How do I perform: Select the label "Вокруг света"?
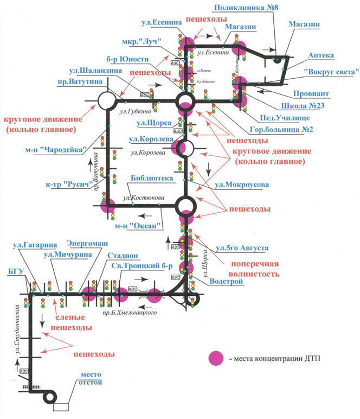tap(332, 72)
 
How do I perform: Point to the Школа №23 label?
tap(304, 105)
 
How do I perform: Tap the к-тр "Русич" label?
tap(63, 183)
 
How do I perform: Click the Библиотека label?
tap(151, 177)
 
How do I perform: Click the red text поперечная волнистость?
tap(248, 269)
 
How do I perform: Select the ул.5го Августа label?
tap(242, 248)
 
